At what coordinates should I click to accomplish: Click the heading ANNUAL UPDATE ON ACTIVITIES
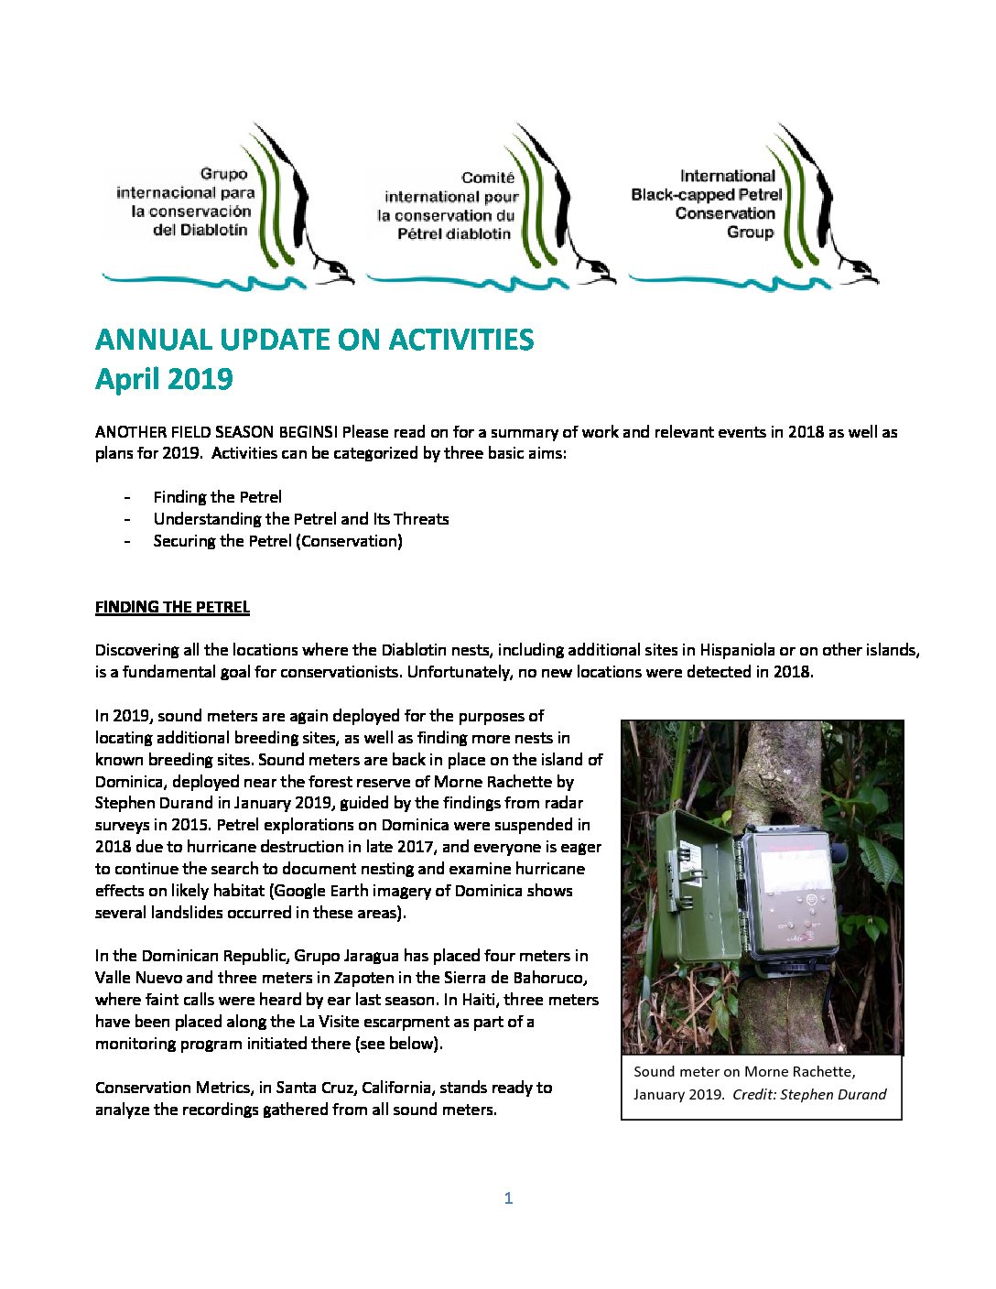[314, 340]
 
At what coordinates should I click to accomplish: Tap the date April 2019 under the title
[164, 379]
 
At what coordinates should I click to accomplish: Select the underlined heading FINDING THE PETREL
[172, 607]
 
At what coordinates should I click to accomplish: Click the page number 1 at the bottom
[508, 1197]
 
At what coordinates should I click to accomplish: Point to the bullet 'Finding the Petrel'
[217, 497]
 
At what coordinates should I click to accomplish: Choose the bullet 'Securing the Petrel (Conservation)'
[277, 541]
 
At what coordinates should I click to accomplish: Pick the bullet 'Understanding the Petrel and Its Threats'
[300, 519]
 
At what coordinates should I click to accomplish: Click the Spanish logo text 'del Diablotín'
[200, 230]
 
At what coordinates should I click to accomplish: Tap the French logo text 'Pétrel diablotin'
[454, 233]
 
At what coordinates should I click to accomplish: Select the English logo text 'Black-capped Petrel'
[706, 194]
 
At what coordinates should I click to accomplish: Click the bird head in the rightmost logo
[861, 272]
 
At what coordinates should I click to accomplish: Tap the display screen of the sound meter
[796, 874]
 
